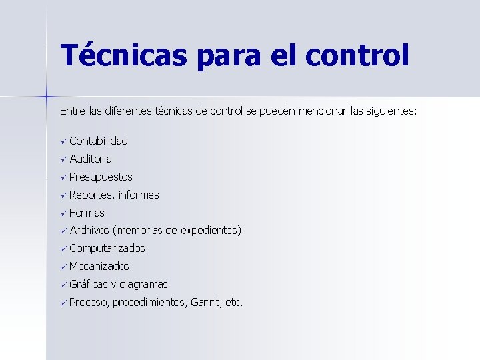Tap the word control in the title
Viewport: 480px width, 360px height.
[357, 56]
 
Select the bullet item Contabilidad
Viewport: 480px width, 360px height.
[98, 141]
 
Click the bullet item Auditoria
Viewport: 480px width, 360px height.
[90, 159]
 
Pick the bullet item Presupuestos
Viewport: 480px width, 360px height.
[100, 177]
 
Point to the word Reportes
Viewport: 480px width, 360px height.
[92, 195]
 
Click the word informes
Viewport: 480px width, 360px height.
[139, 195]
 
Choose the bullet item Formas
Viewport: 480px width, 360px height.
[87, 213]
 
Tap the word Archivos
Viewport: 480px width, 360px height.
[89, 231]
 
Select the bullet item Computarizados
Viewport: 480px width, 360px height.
[107, 249]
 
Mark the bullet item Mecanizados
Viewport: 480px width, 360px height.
[99, 267]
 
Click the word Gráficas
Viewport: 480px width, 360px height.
[89, 285]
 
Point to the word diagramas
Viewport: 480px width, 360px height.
[144, 285]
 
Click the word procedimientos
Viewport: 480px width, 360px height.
[149, 303]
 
